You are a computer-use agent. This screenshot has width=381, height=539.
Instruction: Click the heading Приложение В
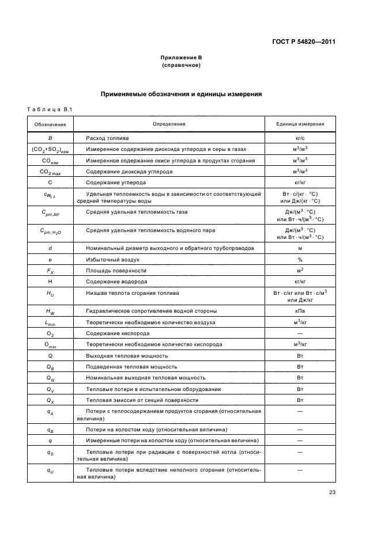181,58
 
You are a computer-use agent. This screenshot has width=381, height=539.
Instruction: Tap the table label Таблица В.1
49,109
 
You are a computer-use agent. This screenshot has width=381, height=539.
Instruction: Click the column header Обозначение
50,124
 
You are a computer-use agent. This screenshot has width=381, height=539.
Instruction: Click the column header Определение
169,124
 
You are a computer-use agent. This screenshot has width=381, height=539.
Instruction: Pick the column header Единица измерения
300,124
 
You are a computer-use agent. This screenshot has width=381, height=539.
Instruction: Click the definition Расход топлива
107,139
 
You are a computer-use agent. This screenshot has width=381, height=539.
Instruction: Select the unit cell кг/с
300,139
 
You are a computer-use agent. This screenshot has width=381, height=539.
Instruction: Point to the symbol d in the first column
50,248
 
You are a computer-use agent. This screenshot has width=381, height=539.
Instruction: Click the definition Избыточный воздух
112,259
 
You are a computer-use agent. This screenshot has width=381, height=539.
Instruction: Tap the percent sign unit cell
300,259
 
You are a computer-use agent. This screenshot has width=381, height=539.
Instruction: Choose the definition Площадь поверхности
116,270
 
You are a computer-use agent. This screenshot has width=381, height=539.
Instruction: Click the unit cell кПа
300,312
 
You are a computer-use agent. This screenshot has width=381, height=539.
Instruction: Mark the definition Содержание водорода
116,282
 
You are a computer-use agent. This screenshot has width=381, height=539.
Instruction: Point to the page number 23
332,492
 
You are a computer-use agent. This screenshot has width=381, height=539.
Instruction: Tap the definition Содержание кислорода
118,333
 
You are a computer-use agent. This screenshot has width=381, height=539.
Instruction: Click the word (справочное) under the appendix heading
181,65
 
